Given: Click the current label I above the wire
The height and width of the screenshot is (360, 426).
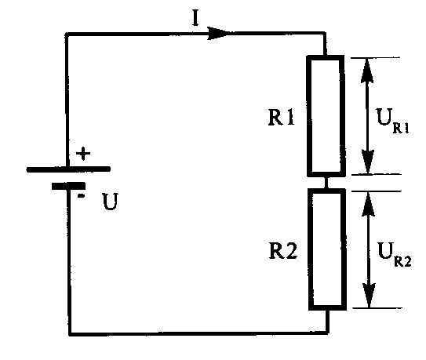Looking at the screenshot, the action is coord(195,19).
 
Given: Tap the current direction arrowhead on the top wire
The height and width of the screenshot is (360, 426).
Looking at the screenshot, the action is coord(217,34).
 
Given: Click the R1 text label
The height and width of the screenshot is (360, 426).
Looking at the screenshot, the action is coord(281,118).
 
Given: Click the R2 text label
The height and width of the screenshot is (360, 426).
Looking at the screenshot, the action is coord(282,251).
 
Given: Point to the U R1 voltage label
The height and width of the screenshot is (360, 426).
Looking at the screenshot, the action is coord(392,121).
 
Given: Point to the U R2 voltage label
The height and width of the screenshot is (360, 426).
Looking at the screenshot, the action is coord(395,255).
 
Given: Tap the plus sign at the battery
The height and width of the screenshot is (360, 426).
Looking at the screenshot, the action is coord(83,154).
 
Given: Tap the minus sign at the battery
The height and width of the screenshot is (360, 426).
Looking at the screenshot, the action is coord(82,195).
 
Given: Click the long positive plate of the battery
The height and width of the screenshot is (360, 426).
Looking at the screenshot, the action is coord(68,169).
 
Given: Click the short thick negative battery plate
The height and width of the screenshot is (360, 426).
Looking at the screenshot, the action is coord(68,186).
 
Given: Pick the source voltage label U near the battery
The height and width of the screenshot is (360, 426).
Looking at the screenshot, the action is coord(110,202).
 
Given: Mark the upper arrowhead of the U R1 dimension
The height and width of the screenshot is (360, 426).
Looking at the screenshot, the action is coord(367,71).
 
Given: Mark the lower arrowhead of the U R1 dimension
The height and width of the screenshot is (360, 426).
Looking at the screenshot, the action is coord(368,162).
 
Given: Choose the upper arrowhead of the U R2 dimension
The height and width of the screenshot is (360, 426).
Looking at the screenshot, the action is coord(369,205).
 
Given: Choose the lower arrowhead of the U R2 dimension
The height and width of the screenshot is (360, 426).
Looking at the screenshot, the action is coord(370,296).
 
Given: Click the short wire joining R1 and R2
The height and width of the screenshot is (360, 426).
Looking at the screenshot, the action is coord(326,183).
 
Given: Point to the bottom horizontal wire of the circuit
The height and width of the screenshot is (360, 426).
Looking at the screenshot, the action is coord(198,333).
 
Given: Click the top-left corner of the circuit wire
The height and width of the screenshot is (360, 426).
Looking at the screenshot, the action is coord(67,35).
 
